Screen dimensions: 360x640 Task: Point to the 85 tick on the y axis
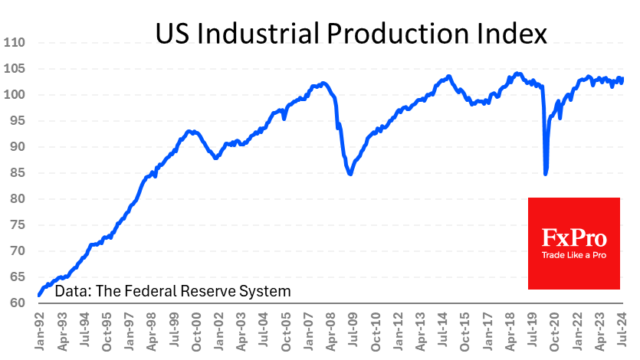(x=17, y=173)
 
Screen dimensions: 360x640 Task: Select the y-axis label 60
(x=17, y=303)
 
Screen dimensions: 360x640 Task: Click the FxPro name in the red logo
(x=573, y=237)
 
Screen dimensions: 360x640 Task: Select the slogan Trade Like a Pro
(x=573, y=255)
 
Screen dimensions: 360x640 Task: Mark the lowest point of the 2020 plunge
(x=546, y=174)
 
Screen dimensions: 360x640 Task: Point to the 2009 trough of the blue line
(x=350, y=175)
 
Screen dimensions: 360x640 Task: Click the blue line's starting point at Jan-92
(x=39, y=295)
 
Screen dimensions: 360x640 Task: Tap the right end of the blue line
(x=623, y=78)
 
